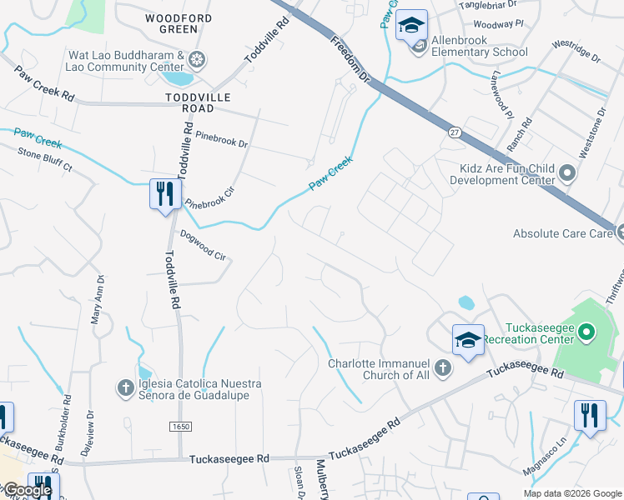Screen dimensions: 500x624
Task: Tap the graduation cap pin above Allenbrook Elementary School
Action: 410,26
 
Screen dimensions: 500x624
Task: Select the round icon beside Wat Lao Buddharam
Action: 198,60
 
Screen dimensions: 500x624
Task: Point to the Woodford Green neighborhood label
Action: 179,23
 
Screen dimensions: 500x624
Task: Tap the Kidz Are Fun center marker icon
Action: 568,173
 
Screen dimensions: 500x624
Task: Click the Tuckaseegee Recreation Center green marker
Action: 586,334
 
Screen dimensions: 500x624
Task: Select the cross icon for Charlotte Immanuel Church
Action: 442,367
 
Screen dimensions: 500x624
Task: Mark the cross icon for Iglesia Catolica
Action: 125,387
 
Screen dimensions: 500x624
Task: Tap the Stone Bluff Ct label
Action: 46,160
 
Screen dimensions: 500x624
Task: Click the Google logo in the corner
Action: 27,490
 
